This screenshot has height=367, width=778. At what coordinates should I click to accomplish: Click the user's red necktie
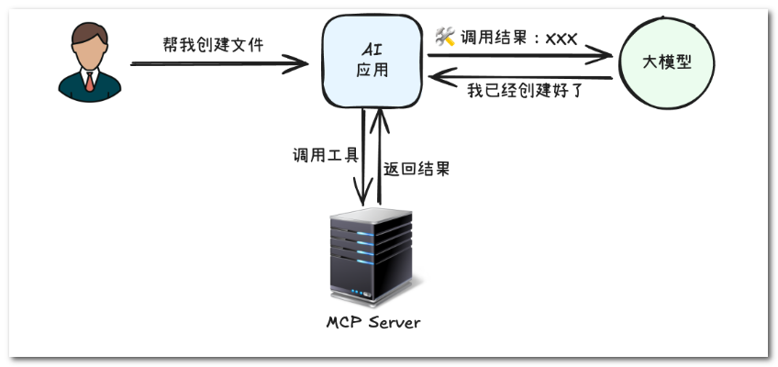(89, 82)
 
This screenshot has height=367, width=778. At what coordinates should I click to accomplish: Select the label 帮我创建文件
(214, 45)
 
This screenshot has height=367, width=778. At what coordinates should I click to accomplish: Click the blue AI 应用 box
(372, 61)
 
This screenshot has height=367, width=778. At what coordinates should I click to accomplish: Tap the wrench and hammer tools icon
(445, 36)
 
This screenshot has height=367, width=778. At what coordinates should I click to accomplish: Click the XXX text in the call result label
(561, 39)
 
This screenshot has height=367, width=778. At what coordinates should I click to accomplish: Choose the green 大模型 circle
(667, 63)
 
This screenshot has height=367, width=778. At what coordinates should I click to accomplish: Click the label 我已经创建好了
(525, 91)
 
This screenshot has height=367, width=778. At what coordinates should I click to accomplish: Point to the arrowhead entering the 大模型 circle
(599, 54)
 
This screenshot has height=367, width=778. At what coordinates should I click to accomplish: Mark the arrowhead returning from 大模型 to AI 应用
(441, 78)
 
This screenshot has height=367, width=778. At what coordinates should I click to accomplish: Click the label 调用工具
(326, 155)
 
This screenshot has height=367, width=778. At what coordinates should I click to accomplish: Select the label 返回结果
(417, 169)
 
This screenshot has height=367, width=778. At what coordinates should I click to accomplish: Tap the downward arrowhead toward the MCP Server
(363, 193)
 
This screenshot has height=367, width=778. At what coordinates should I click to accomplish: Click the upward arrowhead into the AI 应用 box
(380, 120)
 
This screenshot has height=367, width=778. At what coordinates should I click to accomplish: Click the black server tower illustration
(372, 256)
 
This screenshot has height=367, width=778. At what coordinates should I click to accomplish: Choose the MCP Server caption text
(373, 322)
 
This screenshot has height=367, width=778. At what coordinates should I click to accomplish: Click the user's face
(89, 52)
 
